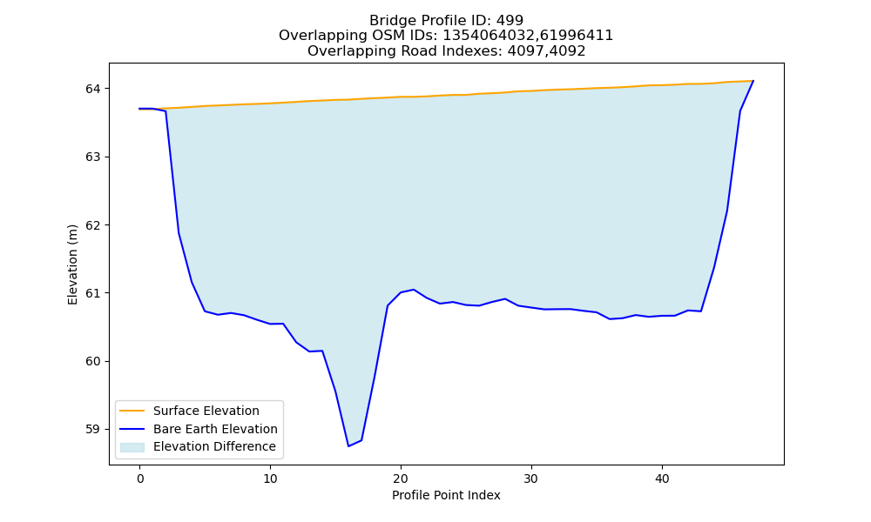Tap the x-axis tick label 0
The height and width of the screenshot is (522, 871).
coord(139,478)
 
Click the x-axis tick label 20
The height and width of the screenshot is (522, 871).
coord(401,478)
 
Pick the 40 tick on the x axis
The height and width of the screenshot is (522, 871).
coord(662,478)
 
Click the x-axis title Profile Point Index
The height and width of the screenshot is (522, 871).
coord(446,495)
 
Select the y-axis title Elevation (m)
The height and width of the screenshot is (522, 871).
coord(72,264)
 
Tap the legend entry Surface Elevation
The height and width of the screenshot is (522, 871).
coord(206,411)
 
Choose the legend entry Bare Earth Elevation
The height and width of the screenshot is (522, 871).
coord(215,429)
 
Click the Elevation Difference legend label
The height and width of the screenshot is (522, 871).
coord(214,446)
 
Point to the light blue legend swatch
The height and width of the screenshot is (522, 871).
coord(132,447)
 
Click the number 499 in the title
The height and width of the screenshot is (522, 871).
coord(510,21)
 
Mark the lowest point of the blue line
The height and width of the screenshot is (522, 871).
coord(348,446)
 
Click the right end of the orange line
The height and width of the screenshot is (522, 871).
coord(753,80)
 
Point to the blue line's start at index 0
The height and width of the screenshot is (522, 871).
coord(139,109)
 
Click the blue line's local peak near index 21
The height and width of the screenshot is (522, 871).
coord(413,290)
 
